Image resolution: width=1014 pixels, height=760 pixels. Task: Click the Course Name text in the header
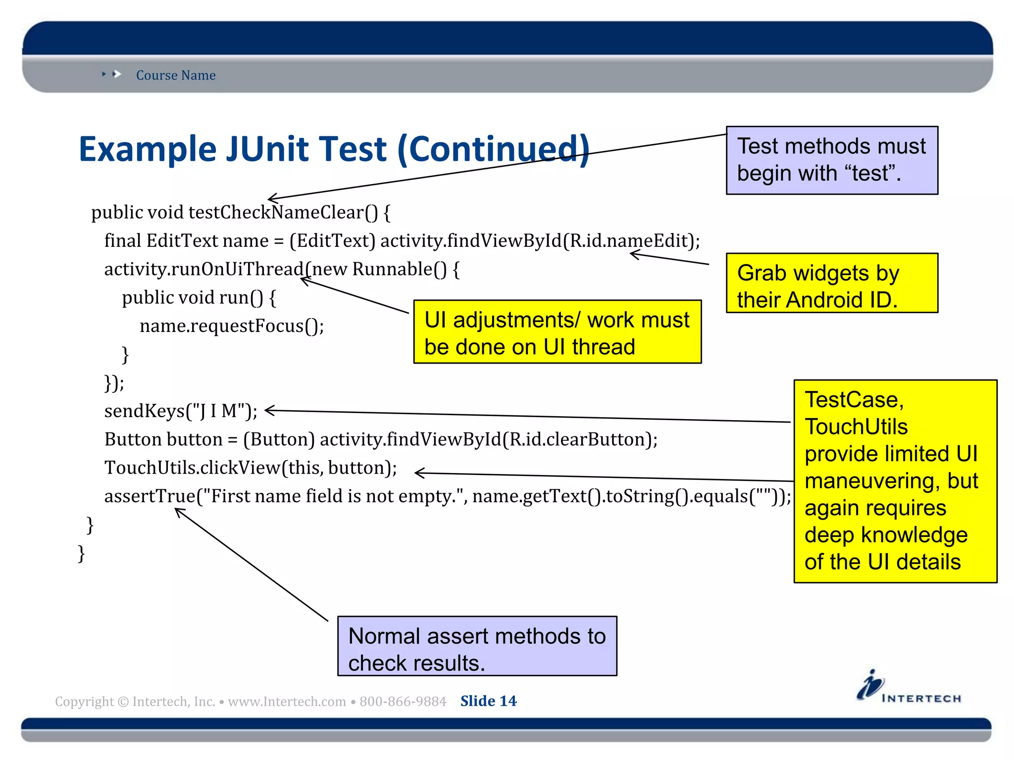coord(176,75)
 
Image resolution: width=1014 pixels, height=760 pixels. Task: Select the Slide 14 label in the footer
coord(488,701)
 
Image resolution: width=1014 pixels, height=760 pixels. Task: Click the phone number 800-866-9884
coord(403,702)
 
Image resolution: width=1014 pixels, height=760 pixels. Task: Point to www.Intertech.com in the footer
coord(287,702)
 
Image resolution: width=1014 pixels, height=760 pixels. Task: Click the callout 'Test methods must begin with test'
coord(831,160)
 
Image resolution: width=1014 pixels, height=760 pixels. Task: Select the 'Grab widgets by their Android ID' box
coord(831,283)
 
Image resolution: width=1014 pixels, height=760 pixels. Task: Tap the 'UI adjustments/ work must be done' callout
coord(557,332)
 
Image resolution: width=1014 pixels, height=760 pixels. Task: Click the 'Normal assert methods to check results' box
coord(477,646)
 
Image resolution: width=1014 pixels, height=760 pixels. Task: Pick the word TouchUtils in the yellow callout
coord(856,427)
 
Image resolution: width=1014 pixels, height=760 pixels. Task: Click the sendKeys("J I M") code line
coord(181,411)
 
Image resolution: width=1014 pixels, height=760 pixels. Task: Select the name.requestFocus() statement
coord(231,326)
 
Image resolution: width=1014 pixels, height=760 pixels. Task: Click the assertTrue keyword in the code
coord(150,496)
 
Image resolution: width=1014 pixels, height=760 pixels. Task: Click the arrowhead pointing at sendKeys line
coord(269,410)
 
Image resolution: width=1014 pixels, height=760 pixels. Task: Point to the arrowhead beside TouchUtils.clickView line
coord(419,473)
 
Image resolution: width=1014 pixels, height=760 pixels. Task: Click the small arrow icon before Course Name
coord(116,74)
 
